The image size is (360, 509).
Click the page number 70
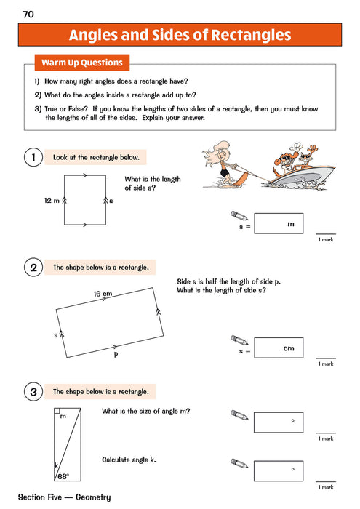point(28,14)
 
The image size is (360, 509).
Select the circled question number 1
point(31,157)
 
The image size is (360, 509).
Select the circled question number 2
point(31,268)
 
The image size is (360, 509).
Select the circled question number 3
point(31,392)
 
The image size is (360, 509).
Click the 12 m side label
point(50,199)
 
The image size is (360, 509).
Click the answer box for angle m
point(279,421)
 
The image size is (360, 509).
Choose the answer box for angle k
point(279,469)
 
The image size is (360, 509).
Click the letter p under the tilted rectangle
point(115,355)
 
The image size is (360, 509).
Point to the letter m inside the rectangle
point(63,417)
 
